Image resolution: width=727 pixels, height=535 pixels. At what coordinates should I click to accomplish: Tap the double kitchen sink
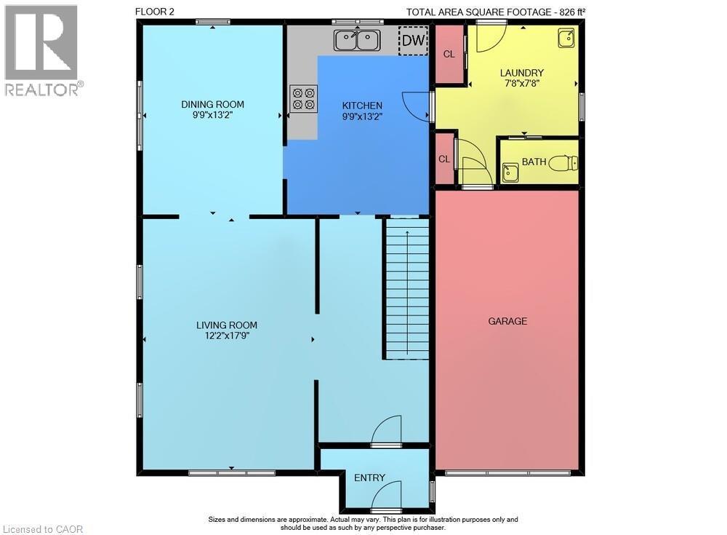357,40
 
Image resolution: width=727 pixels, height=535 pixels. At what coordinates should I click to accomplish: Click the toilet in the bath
562,163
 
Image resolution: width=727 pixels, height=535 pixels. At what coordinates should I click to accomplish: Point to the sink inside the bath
510,173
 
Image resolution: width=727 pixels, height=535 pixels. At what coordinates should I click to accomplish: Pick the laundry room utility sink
566,39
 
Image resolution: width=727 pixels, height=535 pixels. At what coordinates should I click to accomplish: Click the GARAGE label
507,321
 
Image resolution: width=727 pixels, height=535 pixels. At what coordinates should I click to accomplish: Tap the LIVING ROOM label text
227,325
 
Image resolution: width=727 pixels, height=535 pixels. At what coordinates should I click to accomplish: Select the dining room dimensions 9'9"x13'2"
212,115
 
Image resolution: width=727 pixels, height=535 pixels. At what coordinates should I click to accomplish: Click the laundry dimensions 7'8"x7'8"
522,84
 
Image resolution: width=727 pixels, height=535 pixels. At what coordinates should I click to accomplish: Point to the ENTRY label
369,478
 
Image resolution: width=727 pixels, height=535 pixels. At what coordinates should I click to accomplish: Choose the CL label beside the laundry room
449,54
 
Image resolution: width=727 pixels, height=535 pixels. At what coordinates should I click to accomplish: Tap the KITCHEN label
362,106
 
